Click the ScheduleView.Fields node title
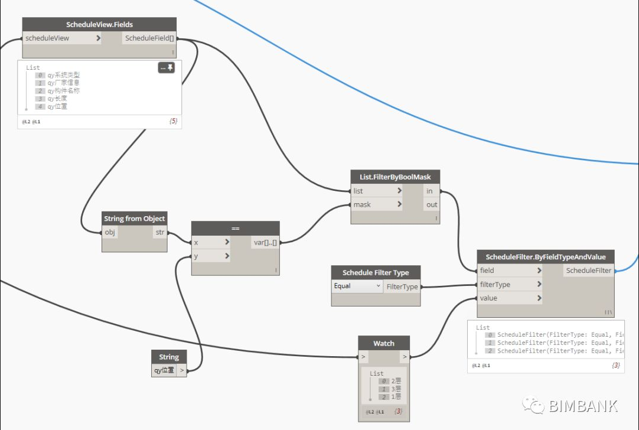click(99, 24)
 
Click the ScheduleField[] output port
click(149, 38)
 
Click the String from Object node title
click(134, 219)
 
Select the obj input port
click(110, 232)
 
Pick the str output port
click(160, 232)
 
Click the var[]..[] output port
click(265, 242)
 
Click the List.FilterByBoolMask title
click(395, 177)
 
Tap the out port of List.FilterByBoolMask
click(432, 204)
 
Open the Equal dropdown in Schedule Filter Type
click(357, 286)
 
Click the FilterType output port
click(402, 286)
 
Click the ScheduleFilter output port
click(588, 271)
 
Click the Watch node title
click(384, 343)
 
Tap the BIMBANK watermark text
click(583, 406)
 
